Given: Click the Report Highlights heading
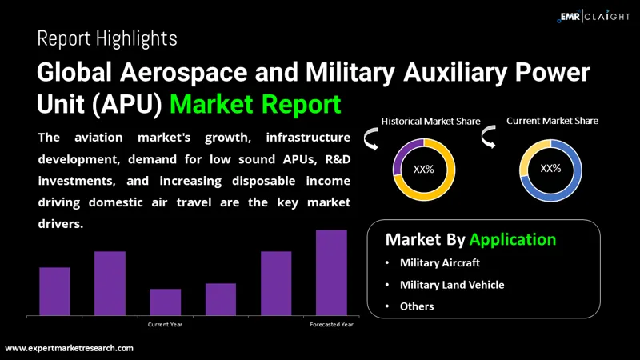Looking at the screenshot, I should (x=107, y=38).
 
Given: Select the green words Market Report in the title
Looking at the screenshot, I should (x=256, y=104).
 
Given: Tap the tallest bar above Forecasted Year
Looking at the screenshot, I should (x=331, y=272).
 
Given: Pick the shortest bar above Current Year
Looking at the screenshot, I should (x=166, y=302).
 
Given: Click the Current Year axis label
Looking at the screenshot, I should (x=166, y=325).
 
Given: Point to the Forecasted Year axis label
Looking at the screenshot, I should (x=331, y=325).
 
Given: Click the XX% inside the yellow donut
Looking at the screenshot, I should (x=423, y=170).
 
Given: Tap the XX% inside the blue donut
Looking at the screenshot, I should (x=550, y=169).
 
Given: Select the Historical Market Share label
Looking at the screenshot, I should (x=430, y=122).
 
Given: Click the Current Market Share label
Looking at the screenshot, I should (x=552, y=121).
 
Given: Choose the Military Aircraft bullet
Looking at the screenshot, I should (x=441, y=262).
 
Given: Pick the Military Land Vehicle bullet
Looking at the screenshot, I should (x=453, y=284).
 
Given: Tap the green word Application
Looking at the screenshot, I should (x=513, y=239).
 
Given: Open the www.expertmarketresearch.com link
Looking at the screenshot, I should (x=70, y=348).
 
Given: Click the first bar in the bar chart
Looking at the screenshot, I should (x=55, y=291).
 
